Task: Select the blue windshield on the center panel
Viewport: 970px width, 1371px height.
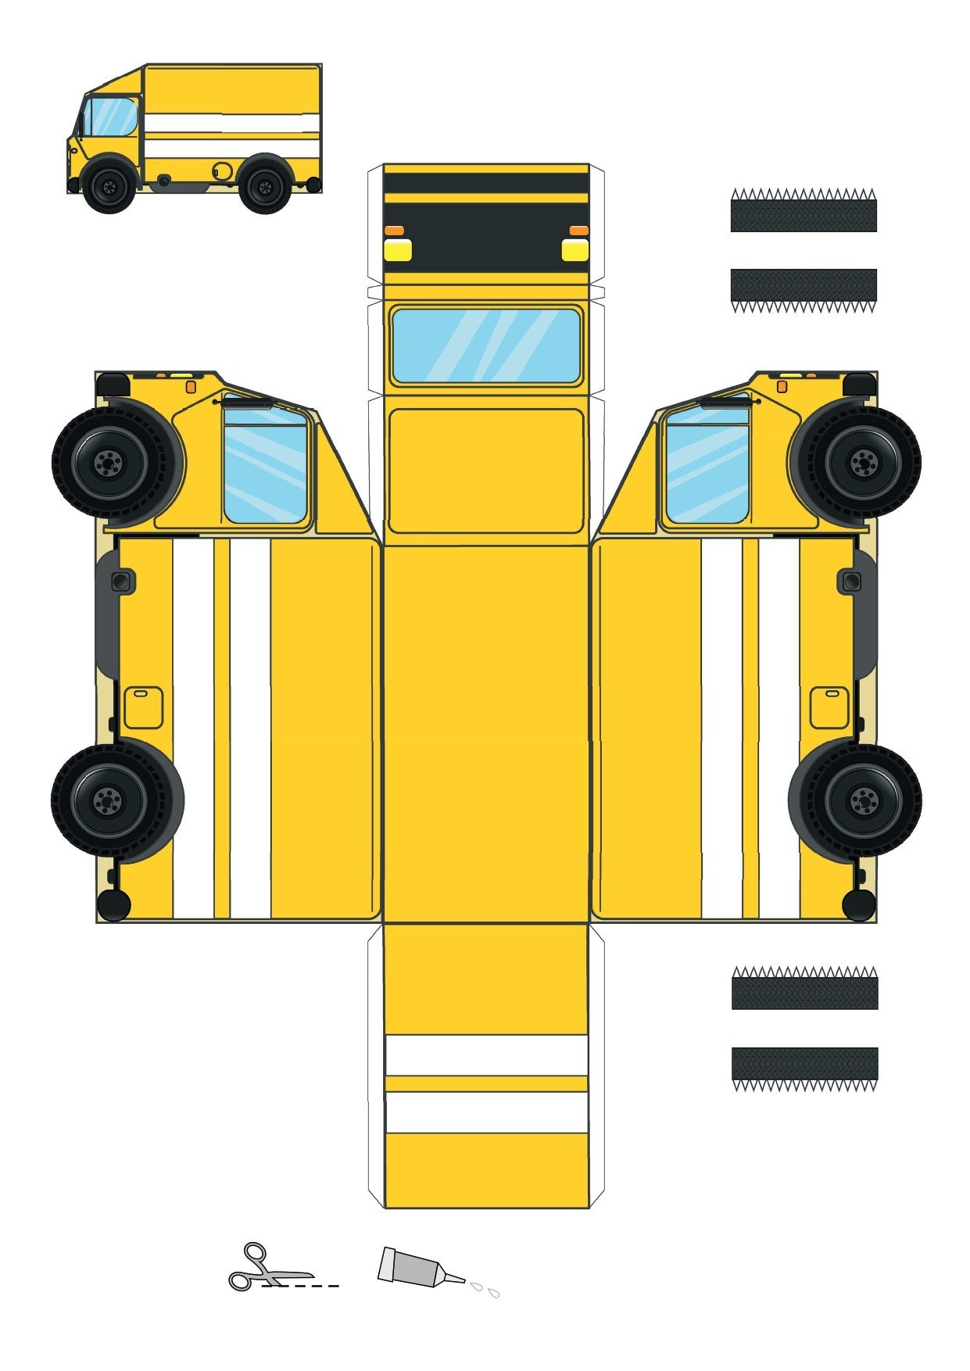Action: tap(485, 345)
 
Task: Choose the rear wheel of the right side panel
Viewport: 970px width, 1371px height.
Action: tap(863, 800)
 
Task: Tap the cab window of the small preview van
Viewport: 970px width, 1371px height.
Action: tap(110, 116)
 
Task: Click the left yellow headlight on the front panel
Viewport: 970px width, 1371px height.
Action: tap(398, 250)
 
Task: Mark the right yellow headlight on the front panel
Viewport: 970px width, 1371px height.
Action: tap(575, 250)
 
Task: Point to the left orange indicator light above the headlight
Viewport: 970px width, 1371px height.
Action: tap(394, 231)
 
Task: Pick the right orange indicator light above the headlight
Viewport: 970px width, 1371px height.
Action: tap(578, 231)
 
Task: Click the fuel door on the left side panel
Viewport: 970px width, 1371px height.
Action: tap(143, 707)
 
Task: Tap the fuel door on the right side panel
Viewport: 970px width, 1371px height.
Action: tap(829, 707)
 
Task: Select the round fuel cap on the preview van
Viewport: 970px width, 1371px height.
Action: tap(223, 170)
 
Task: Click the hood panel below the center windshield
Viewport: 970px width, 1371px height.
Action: tap(485, 471)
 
